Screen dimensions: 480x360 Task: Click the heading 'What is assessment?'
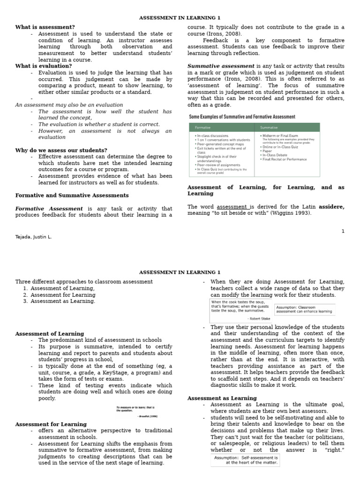click(45, 27)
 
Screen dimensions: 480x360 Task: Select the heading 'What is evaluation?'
click(44, 66)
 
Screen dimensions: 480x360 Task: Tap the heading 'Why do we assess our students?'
click(61, 150)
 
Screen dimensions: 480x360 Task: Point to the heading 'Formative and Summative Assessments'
click(72, 195)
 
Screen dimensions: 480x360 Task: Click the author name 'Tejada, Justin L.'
click(33, 237)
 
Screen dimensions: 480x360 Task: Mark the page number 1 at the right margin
click(343, 231)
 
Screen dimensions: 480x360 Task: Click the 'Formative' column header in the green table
click(203, 127)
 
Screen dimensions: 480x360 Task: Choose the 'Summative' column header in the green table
click(270, 127)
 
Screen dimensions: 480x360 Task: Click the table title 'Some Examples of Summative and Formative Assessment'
click(242, 117)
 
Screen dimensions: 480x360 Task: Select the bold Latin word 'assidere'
click(331, 206)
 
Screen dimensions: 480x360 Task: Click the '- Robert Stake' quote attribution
click(258, 318)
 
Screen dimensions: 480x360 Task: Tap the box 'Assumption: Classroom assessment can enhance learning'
click(304, 309)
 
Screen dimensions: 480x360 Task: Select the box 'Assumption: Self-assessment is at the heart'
click(245, 460)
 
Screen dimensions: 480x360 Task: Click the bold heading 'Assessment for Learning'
click(51, 424)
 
